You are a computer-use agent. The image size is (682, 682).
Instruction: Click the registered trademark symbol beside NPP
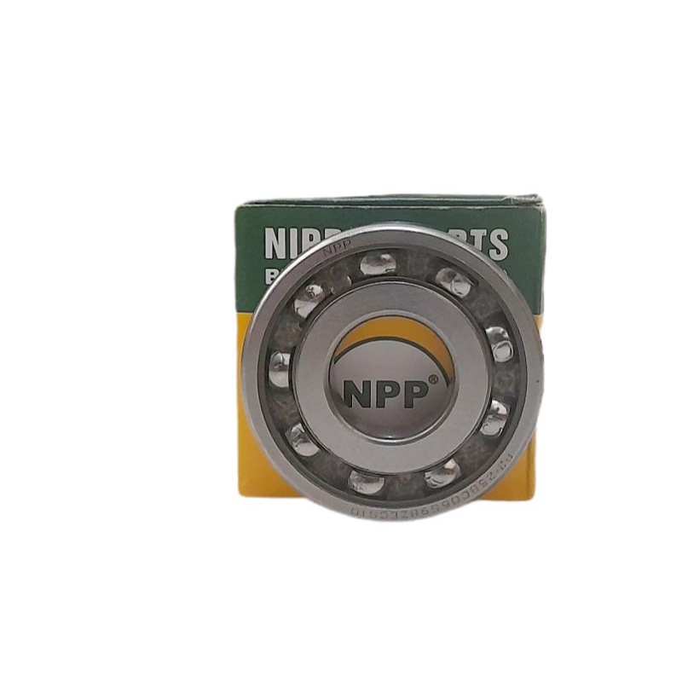pos(433,379)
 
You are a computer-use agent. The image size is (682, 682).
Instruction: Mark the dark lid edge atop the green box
pos(388,200)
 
